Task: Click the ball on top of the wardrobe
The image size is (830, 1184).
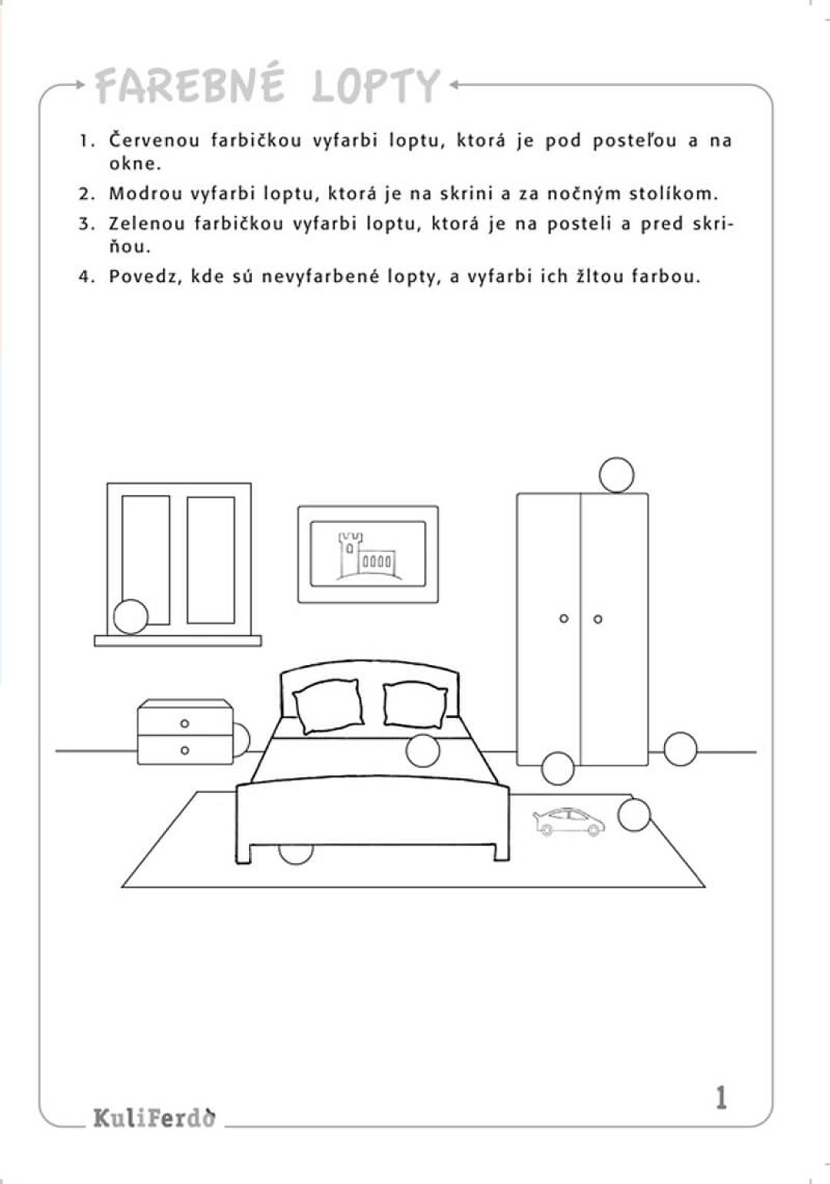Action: [x=616, y=474]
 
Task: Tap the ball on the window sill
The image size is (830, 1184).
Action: [x=131, y=617]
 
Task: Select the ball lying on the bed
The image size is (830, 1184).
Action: [x=423, y=750]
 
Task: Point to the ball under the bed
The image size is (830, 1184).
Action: [x=295, y=852]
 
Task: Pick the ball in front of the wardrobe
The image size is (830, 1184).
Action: [x=558, y=767]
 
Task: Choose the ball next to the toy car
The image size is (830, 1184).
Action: [x=634, y=815]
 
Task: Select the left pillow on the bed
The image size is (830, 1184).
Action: [x=329, y=706]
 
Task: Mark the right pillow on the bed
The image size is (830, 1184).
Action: [x=414, y=704]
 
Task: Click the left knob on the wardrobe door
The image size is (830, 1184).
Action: [x=563, y=619]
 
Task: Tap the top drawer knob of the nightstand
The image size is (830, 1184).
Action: [x=184, y=723]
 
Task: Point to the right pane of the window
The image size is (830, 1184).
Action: [x=211, y=559]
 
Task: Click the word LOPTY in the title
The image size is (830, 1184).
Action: [x=377, y=86]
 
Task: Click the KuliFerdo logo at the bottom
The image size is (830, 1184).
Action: [x=154, y=1117]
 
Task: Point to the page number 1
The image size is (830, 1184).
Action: [x=720, y=1097]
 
